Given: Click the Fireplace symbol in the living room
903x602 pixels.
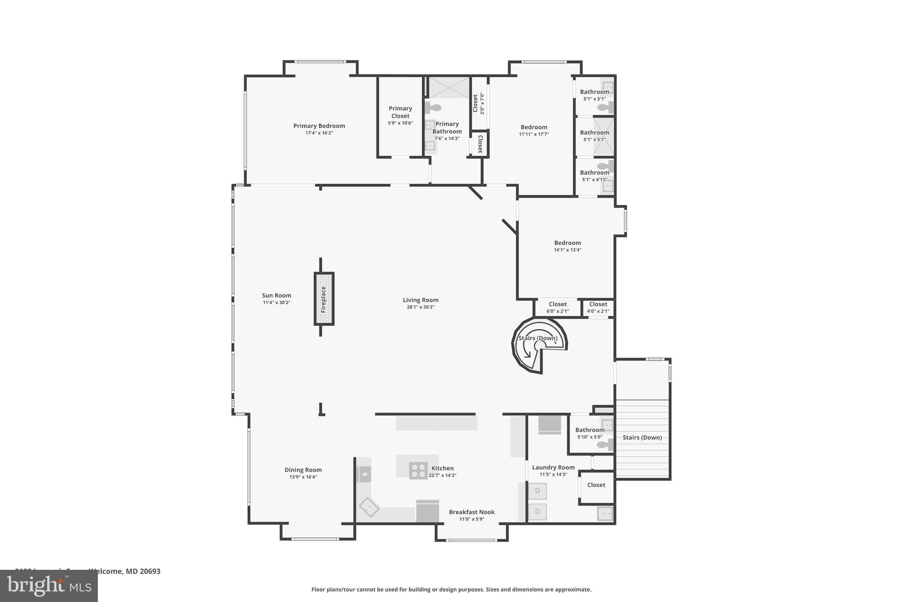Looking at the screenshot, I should pyautogui.click(x=324, y=299).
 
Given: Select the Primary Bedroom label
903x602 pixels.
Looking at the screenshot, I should pyautogui.click(x=319, y=126).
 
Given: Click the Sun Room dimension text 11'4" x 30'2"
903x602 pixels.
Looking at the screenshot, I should pyautogui.click(x=276, y=303).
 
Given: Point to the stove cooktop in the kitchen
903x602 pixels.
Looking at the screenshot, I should pyautogui.click(x=418, y=470).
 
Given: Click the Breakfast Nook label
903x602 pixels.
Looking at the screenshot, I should pyautogui.click(x=472, y=512).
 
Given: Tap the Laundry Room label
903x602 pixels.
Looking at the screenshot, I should pyautogui.click(x=553, y=467).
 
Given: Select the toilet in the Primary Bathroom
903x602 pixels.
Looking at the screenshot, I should pyautogui.click(x=434, y=108).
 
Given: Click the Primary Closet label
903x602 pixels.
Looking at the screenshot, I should pyautogui.click(x=400, y=112).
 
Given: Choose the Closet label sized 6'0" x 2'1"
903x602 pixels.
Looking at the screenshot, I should pyautogui.click(x=558, y=304).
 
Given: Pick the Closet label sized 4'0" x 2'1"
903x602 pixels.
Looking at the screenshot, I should pyautogui.click(x=598, y=304).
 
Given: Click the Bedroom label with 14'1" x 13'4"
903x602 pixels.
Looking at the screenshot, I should pyautogui.click(x=567, y=243).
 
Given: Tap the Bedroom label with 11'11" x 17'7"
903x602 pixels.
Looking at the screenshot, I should pyautogui.click(x=534, y=127).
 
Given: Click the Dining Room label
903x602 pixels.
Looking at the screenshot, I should pyautogui.click(x=303, y=470).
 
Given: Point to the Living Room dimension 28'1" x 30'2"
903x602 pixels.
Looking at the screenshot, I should pyautogui.click(x=421, y=307).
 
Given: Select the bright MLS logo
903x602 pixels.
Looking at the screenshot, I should pyautogui.click(x=49, y=586).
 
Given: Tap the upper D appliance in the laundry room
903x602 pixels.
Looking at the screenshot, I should pyautogui.click(x=537, y=491).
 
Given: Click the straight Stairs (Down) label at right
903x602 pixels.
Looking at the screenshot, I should pyautogui.click(x=642, y=437).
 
